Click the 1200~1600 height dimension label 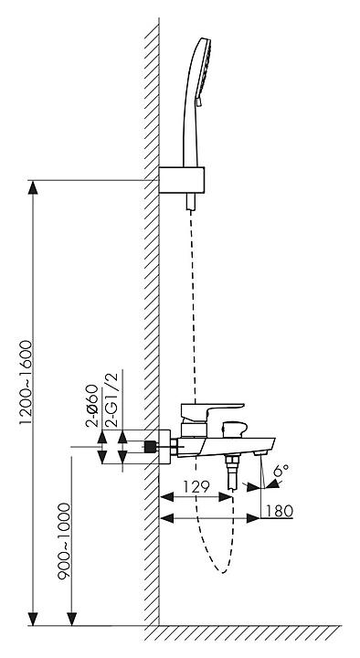(x=26, y=383)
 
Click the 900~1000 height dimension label (x=64, y=541)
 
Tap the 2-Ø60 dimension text (x=92, y=406)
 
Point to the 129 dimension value (x=196, y=487)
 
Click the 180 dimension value (x=279, y=511)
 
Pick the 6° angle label (x=281, y=471)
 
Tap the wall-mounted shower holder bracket (x=182, y=180)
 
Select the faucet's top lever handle (x=212, y=409)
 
